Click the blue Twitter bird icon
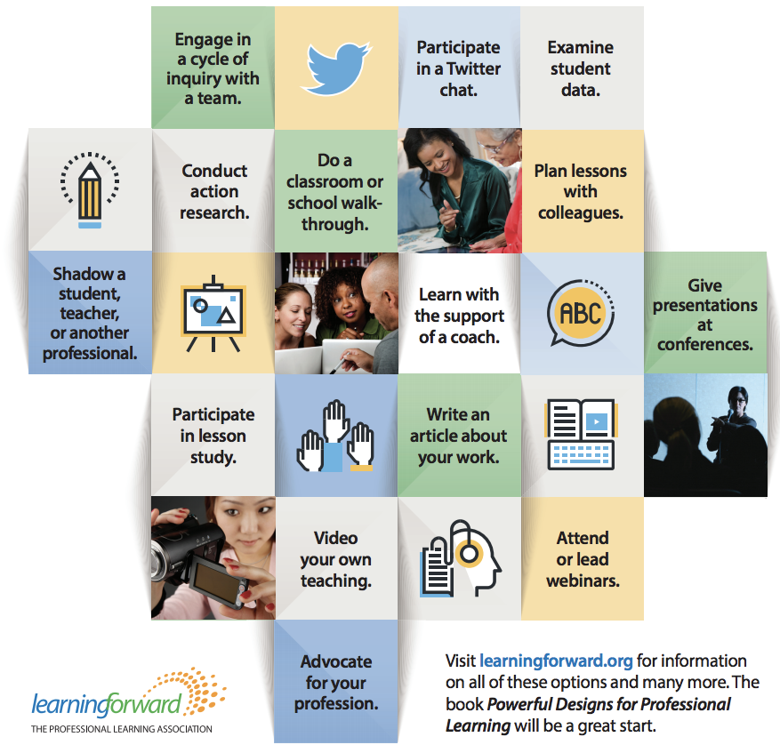334,67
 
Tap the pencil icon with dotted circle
89,189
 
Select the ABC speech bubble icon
579,313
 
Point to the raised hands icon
335,436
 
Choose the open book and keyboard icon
581,435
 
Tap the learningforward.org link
556,661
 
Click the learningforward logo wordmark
107,705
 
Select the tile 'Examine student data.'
581,68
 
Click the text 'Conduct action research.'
214,191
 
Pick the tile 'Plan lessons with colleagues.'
581,191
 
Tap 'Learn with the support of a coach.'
459,315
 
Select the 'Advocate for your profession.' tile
336,683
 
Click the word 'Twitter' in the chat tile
473,68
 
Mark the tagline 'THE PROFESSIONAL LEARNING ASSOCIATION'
121,729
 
